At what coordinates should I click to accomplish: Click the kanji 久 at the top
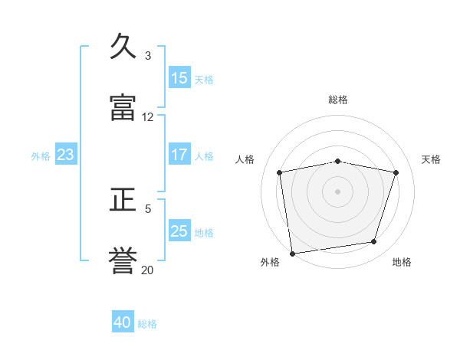point(123,46)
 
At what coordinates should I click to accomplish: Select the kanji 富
point(123,107)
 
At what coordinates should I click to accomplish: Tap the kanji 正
point(123,199)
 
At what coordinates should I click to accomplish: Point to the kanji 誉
point(123,260)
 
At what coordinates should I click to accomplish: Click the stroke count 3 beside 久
point(148,56)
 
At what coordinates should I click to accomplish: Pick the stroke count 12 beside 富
point(147,117)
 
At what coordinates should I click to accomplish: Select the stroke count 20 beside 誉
point(147,270)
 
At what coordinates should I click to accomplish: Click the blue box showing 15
point(179,77)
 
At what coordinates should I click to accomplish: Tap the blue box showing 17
point(179,154)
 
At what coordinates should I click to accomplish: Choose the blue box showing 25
point(179,230)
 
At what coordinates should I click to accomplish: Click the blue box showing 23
point(66,154)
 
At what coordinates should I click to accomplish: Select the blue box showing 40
point(123,321)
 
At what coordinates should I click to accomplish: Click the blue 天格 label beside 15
point(204,80)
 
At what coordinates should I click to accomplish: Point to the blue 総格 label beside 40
point(147,324)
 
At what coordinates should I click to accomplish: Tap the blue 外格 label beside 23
point(41,156)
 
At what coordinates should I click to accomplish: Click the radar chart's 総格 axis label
point(338,100)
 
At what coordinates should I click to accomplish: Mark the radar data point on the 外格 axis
point(293,254)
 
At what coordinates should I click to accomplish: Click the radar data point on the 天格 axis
point(396,172)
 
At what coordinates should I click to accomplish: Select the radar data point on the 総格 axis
point(338,162)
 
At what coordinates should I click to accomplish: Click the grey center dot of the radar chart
point(337,191)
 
